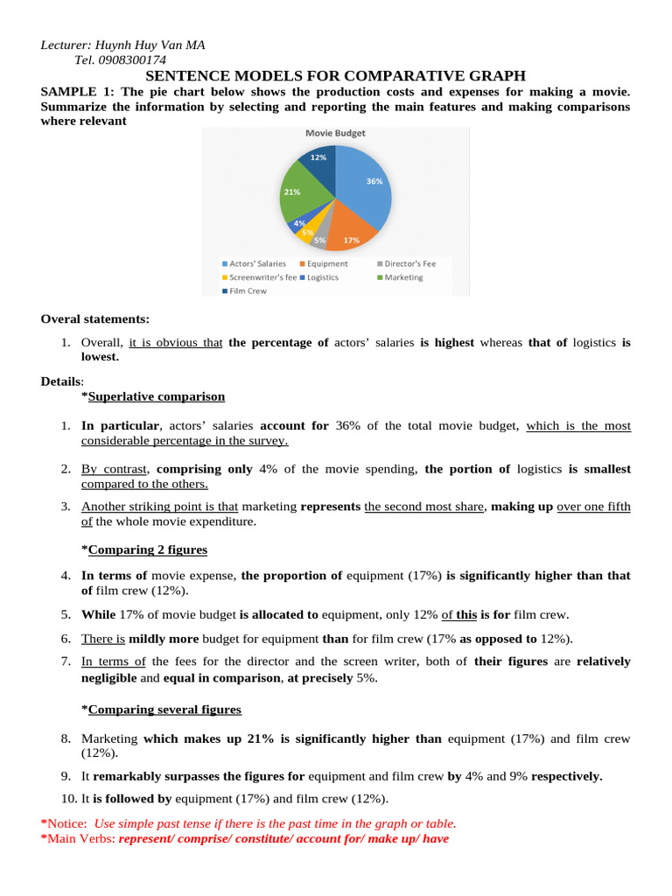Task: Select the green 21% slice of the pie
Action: (x=299, y=194)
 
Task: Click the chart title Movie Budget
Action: (x=335, y=134)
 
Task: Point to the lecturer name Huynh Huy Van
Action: (x=139, y=45)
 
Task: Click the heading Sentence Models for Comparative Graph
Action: (x=335, y=76)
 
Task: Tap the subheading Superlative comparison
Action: (x=156, y=396)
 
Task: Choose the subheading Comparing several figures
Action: (x=164, y=709)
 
